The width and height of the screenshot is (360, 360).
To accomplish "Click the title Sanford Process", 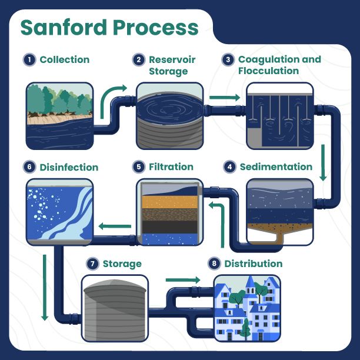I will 109,27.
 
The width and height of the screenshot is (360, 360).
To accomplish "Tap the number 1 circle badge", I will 29,60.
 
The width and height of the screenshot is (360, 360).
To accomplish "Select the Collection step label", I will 65,60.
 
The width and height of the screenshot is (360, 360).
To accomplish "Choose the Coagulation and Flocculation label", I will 279,65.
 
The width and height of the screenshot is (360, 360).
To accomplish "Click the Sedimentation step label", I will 276,167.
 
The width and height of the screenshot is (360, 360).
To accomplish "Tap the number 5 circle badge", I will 139,167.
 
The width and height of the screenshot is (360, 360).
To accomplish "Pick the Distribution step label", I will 254,264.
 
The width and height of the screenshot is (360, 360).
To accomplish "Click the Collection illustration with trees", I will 59,115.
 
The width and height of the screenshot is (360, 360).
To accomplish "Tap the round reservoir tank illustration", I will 170,115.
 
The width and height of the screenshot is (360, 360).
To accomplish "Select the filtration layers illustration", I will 170,212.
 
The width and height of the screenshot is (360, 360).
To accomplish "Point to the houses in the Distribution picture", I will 246,309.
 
